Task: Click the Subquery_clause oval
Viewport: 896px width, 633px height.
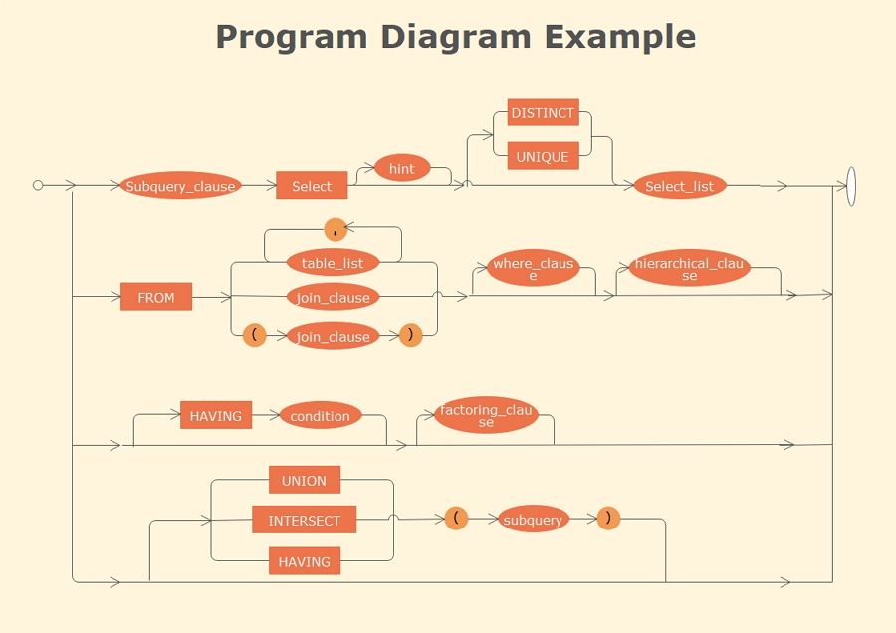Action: [x=180, y=186]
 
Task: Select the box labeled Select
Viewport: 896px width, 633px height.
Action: [x=312, y=186]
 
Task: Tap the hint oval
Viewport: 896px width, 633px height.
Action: [x=401, y=169]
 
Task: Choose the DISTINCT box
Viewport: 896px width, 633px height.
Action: [x=543, y=113]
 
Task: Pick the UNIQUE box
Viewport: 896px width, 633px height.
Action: [x=543, y=157]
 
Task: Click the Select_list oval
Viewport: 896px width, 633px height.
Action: [x=680, y=186]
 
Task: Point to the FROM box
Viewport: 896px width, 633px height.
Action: [x=156, y=297]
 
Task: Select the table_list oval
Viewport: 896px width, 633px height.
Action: [x=333, y=263]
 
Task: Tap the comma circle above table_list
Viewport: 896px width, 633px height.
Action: [x=336, y=230]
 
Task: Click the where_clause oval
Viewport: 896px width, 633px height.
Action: [x=533, y=270]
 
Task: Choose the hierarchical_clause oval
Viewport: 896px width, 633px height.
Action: [x=689, y=270]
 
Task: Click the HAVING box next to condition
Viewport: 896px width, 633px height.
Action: [x=216, y=416]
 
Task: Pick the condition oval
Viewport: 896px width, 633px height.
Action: [x=320, y=416]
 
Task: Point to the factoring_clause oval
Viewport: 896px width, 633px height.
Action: [x=486, y=416]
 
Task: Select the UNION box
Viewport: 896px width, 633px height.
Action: [x=304, y=480]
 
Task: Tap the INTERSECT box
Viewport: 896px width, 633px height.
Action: [x=304, y=521]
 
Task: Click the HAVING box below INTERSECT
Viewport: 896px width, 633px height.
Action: [x=304, y=561]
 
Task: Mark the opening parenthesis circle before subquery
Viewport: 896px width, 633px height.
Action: [x=456, y=519]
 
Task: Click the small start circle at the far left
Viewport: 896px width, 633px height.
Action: [x=38, y=185]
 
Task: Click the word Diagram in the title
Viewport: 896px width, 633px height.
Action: [x=455, y=37]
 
